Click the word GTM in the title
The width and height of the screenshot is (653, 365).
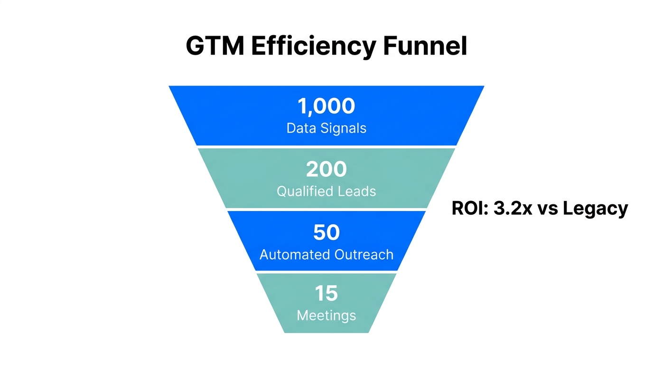click(214, 47)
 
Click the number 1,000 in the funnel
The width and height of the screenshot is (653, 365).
click(326, 106)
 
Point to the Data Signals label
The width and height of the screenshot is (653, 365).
click(326, 128)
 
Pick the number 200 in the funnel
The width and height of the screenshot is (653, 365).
click(326, 169)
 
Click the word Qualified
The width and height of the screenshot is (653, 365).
click(305, 192)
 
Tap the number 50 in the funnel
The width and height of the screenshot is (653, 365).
click(326, 232)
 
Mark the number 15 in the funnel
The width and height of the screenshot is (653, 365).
click(326, 294)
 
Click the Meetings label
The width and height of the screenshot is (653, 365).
click(326, 315)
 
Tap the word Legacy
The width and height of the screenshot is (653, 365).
click(596, 209)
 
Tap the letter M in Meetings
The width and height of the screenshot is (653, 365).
click(302, 315)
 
